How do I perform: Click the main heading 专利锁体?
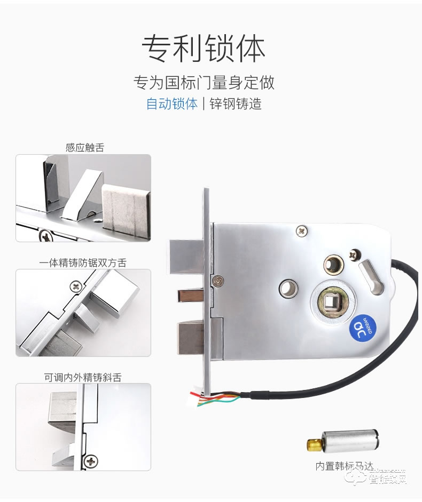[x=204, y=49]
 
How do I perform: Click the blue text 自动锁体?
[x=171, y=103]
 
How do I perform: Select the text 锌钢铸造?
[x=236, y=103]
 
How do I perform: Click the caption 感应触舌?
[x=84, y=148]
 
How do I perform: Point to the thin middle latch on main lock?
[x=191, y=295]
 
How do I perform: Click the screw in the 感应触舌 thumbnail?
[x=45, y=234]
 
